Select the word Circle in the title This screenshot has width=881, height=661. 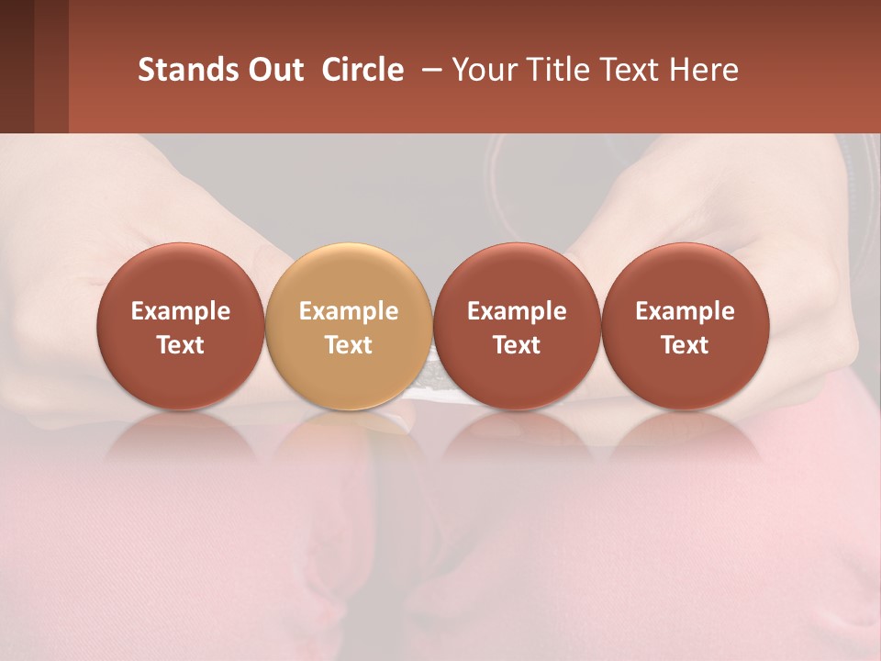click(362, 70)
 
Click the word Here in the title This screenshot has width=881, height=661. click(704, 70)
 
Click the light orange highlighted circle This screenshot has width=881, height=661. click(348, 326)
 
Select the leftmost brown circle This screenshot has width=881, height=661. click(180, 326)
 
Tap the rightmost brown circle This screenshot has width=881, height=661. click(685, 326)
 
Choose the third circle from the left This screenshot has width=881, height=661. click(517, 326)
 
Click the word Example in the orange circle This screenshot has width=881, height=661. click(349, 311)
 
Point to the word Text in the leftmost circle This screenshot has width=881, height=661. click(180, 345)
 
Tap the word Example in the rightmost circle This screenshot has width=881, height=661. click(685, 311)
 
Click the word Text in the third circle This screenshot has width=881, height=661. click(517, 345)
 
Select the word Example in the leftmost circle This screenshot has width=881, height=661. click(180, 311)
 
